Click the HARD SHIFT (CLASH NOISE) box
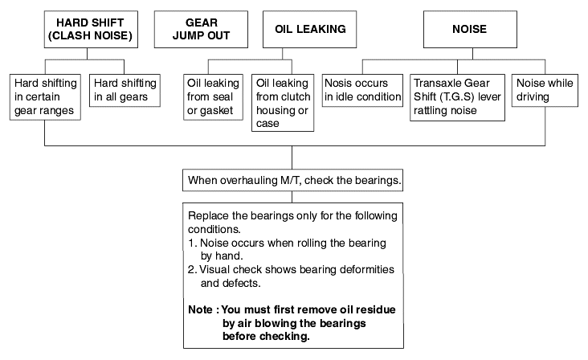tap(91, 29)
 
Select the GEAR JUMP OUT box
tap(201, 29)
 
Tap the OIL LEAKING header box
tap(310, 29)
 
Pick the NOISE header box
tap(470, 29)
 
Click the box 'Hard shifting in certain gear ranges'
tap(45, 97)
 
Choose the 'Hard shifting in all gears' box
tap(125, 90)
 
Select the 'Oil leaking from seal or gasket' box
tap(213, 97)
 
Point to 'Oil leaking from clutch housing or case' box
tap(283, 103)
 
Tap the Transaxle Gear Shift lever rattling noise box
tap(458, 97)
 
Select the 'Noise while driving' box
tap(545, 90)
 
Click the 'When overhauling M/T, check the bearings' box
tap(293, 180)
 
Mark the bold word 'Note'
tap(200, 309)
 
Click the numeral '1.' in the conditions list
tap(192, 243)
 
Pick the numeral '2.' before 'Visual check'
tap(192, 270)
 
